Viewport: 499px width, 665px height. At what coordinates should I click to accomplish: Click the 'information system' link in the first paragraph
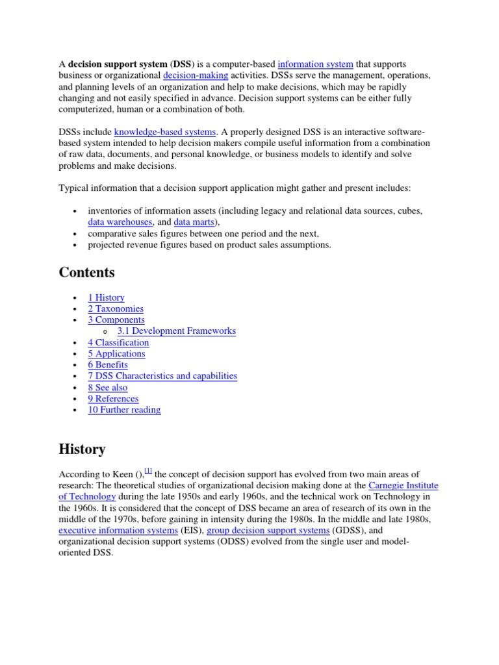pyautogui.click(x=315, y=64)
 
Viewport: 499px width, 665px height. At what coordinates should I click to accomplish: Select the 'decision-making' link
pyautogui.click(x=196, y=75)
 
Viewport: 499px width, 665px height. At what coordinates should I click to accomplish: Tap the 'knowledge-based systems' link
pyautogui.click(x=164, y=132)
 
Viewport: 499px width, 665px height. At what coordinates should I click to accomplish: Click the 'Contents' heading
pyautogui.click(x=86, y=272)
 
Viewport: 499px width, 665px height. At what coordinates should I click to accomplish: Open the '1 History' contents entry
pyautogui.click(x=106, y=297)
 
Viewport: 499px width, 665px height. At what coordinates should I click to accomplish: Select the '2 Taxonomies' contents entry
pyautogui.click(x=116, y=308)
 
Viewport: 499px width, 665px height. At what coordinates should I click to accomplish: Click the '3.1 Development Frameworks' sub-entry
pyautogui.click(x=176, y=331)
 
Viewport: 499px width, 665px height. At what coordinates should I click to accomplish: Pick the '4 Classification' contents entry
pyautogui.click(x=118, y=342)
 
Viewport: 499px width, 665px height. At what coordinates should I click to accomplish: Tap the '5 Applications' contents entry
pyautogui.click(x=116, y=354)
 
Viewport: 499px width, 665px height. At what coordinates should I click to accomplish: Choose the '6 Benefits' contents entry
pyautogui.click(x=108, y=365)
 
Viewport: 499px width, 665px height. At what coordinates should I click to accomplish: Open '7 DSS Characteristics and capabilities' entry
pyautogui.click(x=162, y=376)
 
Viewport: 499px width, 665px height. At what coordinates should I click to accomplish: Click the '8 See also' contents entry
pyautogui.click(x=108, y=388)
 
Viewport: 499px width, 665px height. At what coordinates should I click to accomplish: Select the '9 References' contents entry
pyautogui.click(x=113, y=399)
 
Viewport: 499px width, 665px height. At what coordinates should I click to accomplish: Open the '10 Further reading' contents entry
pyautogui.click(x=124, y=410)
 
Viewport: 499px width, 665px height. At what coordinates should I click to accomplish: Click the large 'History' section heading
pyautogui.click(x=82, y=449)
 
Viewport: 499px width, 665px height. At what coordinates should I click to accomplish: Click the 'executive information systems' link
pyautogui.click(x=118, y=531)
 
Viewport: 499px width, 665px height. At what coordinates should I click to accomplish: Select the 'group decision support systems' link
pyautogui.click(x=268, y=531)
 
